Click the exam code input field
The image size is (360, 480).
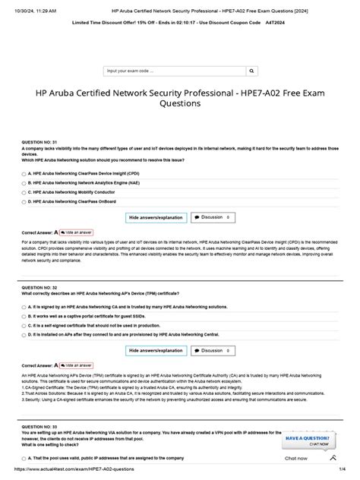pyautogui.click(x=179, y=71)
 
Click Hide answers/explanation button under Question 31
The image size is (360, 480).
pyautogui.click(x=155, y=216)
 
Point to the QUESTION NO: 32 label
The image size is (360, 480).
pyautogui.click(x=40, y=289)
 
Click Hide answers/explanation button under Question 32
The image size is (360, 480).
pyautogui.click(x=155, y=350)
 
